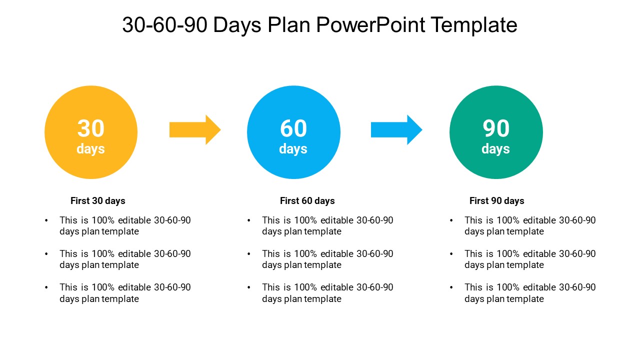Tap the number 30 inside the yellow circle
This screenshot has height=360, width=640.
click(x=91, y=128)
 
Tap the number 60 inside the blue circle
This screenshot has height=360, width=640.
click(x=293, y=128)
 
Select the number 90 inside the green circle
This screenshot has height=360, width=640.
click(x=496, y=128)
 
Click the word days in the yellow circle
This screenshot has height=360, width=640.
click(x=91, y=149)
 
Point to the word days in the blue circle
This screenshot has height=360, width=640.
click(x=293, y=149)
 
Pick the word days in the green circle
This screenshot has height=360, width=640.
click(x=496, y=149)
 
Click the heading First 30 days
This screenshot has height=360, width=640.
click(x=98, y=201)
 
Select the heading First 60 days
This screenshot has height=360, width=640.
click(x=307, y=201)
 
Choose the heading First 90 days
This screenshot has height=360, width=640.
click(x=497, y=201)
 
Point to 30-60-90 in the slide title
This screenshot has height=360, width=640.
click(x=164, y=25)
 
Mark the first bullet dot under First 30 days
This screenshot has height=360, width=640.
click(x=46, y=220)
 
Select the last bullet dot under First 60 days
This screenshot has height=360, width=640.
click(x=249, y=287)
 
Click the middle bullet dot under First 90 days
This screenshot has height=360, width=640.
click(x=451, y=254)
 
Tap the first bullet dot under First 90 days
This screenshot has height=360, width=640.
click(x=451, y=220)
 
